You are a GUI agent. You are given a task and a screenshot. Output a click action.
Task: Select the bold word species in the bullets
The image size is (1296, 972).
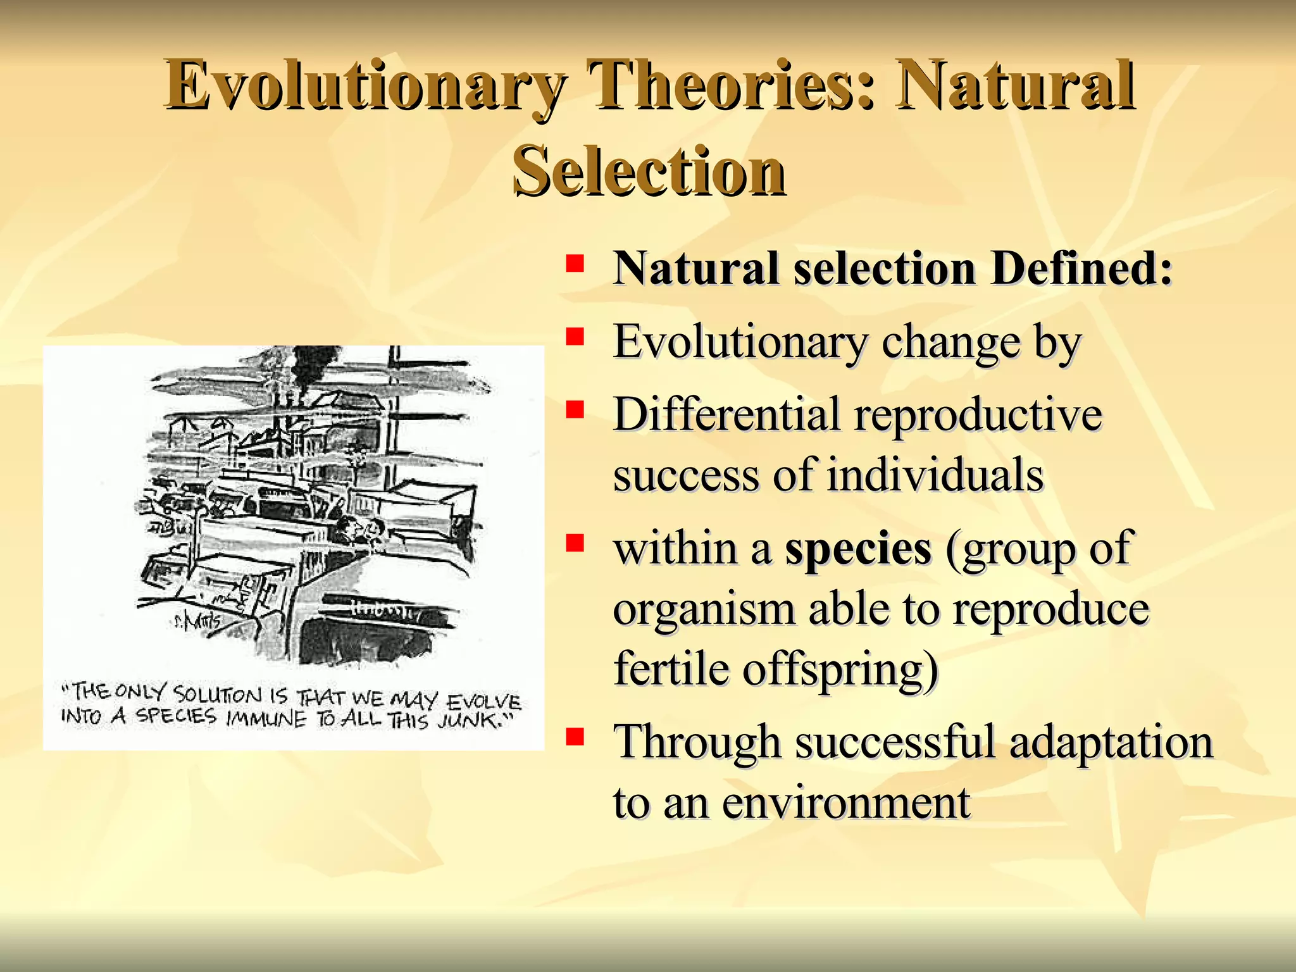point(857,548)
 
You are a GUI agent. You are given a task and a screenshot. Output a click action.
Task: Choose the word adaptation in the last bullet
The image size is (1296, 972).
point(1111,742)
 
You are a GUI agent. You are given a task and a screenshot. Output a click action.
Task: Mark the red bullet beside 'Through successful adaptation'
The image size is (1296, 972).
point(575,736)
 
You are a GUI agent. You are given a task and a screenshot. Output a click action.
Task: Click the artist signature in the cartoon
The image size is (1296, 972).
point(197,621)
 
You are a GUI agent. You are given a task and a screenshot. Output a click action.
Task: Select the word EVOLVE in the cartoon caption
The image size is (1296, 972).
point(483,702)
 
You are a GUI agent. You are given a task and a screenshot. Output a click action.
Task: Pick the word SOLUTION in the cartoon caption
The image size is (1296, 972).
point(218,694)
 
